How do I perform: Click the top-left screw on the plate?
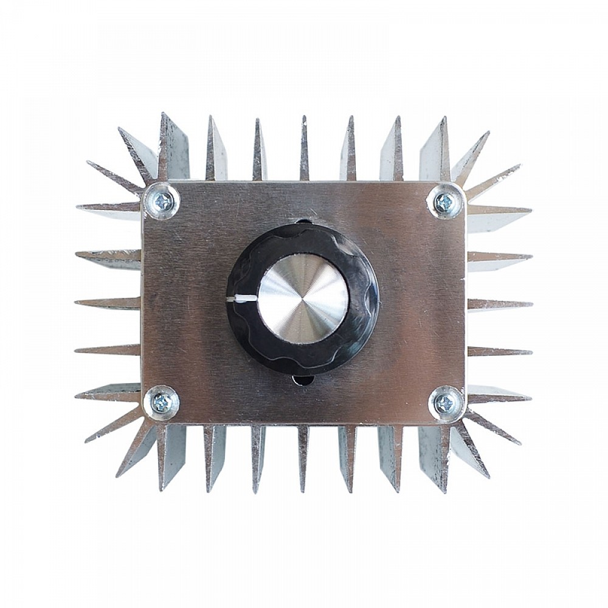(162, 201)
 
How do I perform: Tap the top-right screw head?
(445, 202)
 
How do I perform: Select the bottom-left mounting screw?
(162, 402)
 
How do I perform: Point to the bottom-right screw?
(445, 402)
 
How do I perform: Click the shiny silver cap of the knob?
(303, 298)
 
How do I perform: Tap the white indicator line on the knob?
(242, 299)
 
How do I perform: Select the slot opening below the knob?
(303, 381)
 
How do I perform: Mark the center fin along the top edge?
(303, 149)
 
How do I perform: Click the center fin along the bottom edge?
(303, 456)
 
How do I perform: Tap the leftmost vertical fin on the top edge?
(170, 149)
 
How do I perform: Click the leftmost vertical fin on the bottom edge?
(170, 456)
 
